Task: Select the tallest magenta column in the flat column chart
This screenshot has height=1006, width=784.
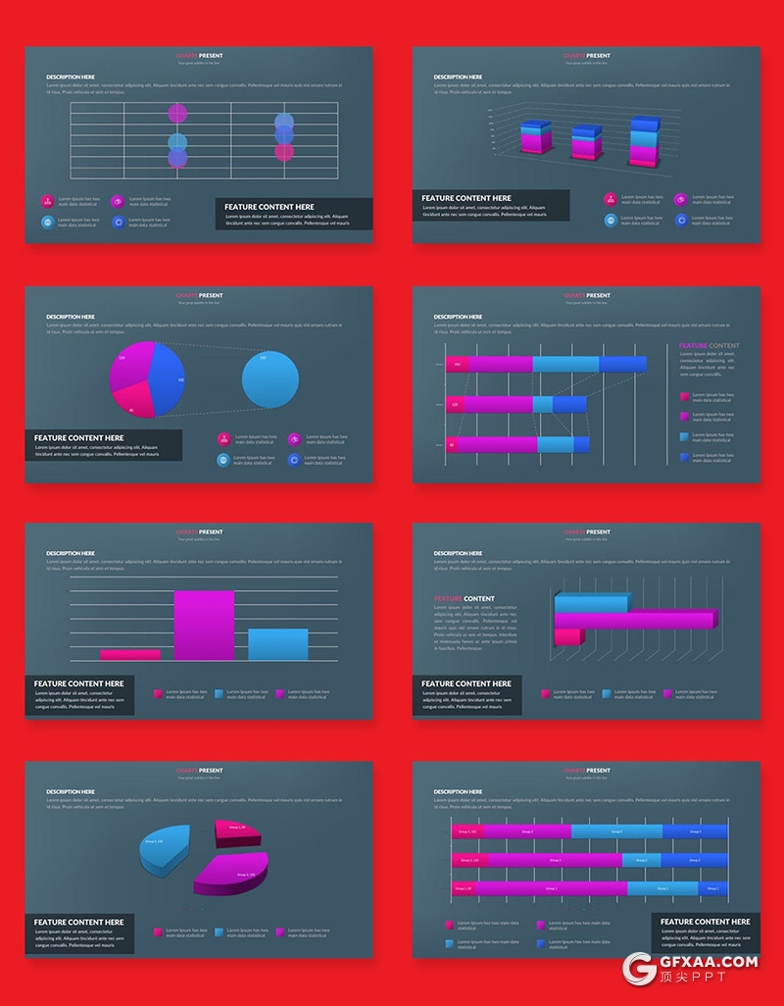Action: point(204,625)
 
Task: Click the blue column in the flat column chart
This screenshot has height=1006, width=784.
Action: point(277,644)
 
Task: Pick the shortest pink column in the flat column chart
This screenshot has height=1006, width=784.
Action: point(129,654)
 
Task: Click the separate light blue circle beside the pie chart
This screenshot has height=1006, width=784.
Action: point(270,378)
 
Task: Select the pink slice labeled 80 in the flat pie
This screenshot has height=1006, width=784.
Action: point(133,400)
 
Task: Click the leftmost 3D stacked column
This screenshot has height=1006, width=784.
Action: point(536,138)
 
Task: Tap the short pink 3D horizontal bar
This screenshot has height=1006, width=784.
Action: point(568,637)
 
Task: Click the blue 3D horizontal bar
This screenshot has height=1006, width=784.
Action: point(591,603)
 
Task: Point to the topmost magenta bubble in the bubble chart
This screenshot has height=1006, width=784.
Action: point(177,113)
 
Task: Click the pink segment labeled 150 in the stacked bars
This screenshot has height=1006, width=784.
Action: point(457,365)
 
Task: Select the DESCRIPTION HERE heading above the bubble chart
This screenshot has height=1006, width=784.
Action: point(71,76)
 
